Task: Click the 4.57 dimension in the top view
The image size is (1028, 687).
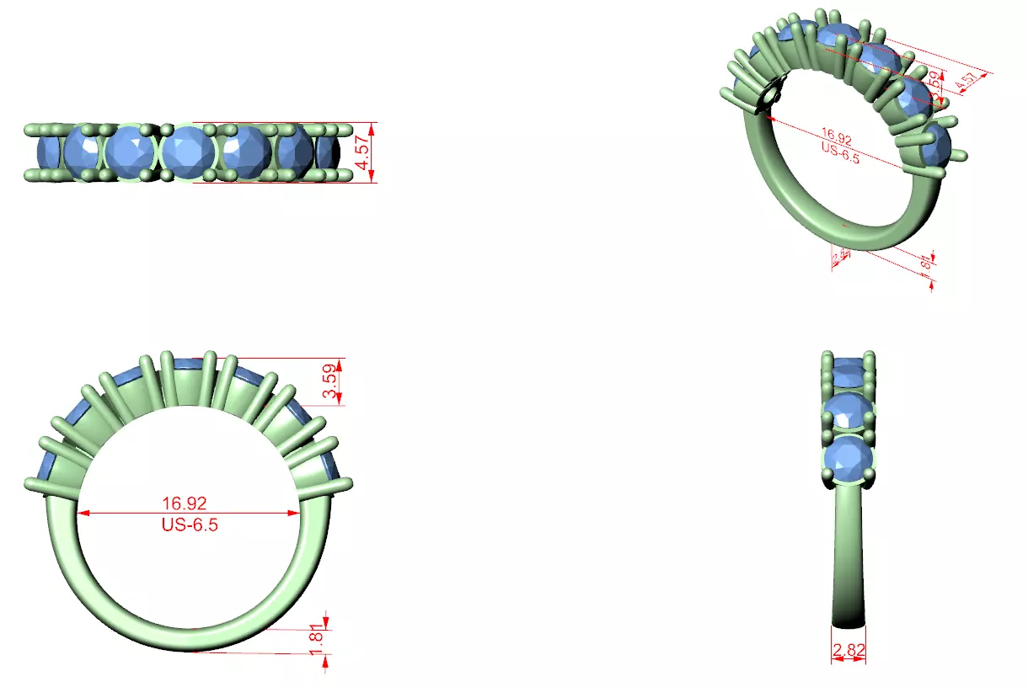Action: point(363,152)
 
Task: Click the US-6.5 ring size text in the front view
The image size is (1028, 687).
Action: point(185,524)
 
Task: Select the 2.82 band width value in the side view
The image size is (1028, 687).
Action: point(849,651)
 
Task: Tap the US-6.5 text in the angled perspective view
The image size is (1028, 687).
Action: point(839,152)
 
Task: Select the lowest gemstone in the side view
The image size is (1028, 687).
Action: point(849,459)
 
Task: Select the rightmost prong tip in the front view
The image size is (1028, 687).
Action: point(347,483)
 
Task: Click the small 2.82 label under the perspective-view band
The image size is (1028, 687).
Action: point(839,257)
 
